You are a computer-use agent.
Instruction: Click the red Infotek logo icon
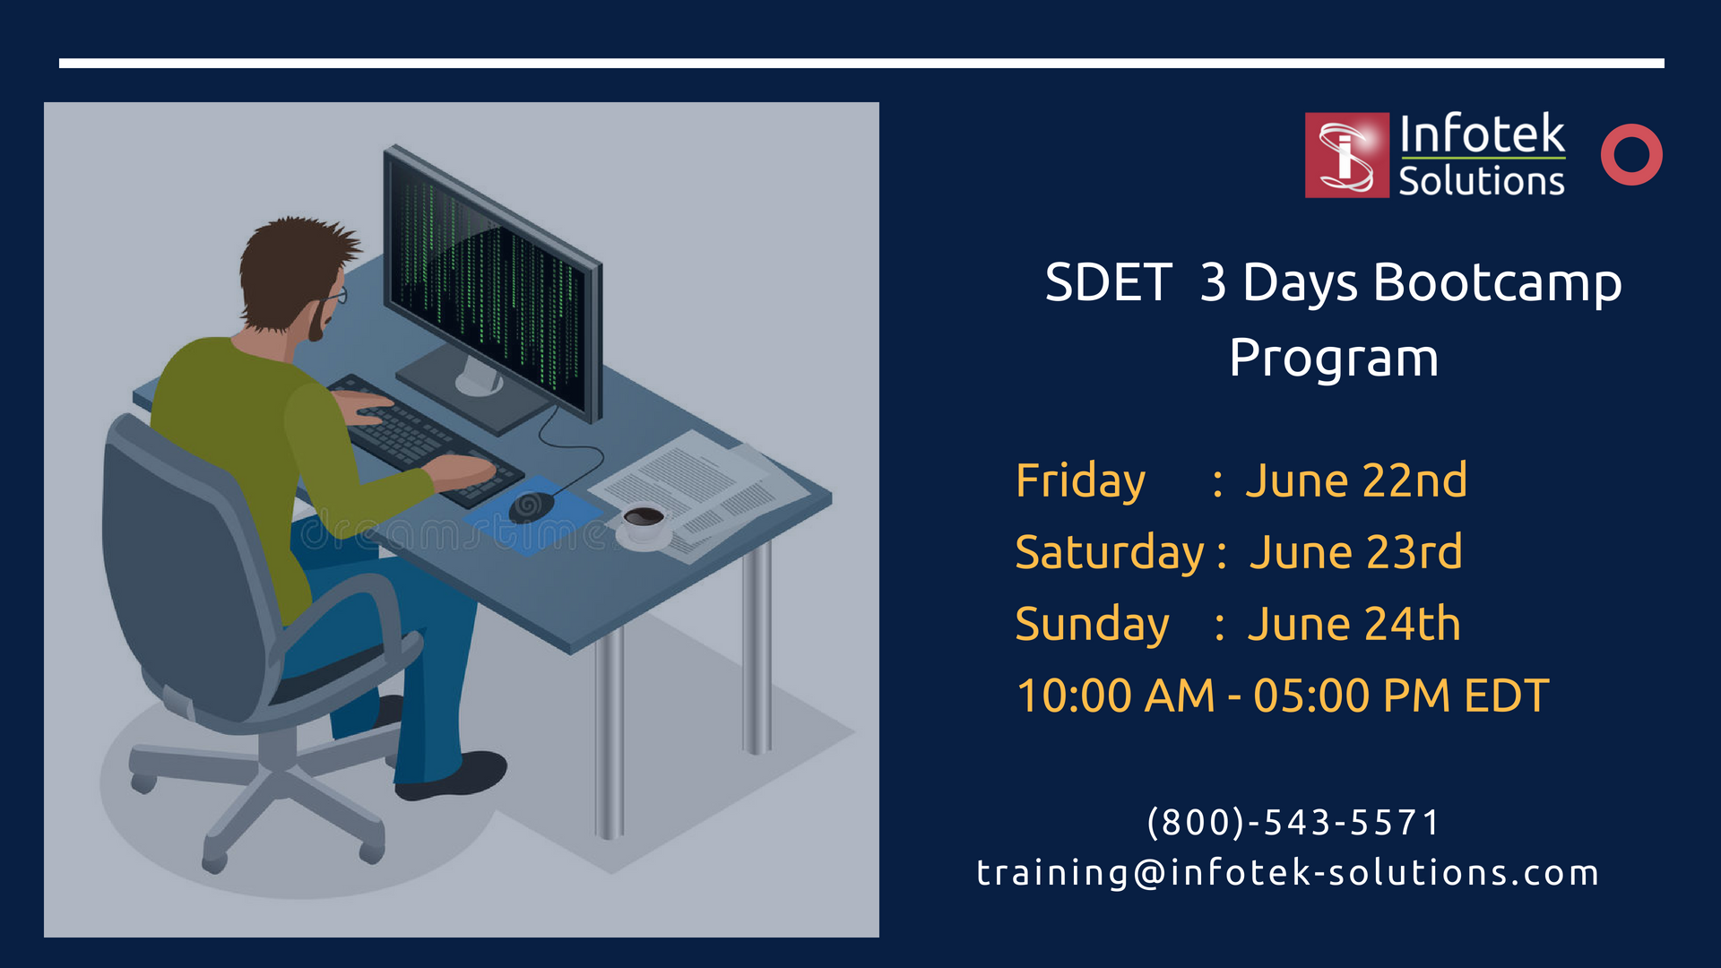point(1346,155)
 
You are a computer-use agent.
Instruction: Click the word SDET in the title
point(1109,282)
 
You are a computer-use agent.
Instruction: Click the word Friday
point(1080,481)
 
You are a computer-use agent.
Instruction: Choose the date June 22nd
point(1356,480)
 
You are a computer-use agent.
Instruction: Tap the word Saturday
point(1110,553)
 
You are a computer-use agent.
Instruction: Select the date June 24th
point(1353,624)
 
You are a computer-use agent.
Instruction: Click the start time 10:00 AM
point(1116,696)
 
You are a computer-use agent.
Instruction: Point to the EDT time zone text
point(1506,696)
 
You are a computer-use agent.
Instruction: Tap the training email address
point(1288,872)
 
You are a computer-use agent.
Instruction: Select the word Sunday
point(1092,625)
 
